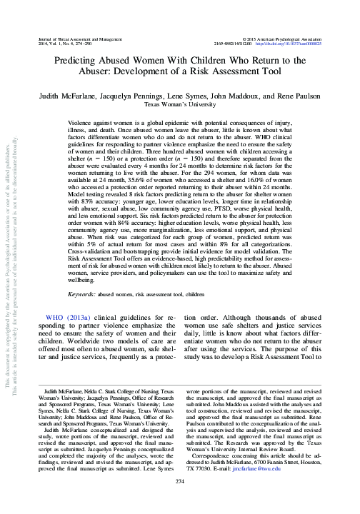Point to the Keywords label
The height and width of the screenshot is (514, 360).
click(x=82, y=293)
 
